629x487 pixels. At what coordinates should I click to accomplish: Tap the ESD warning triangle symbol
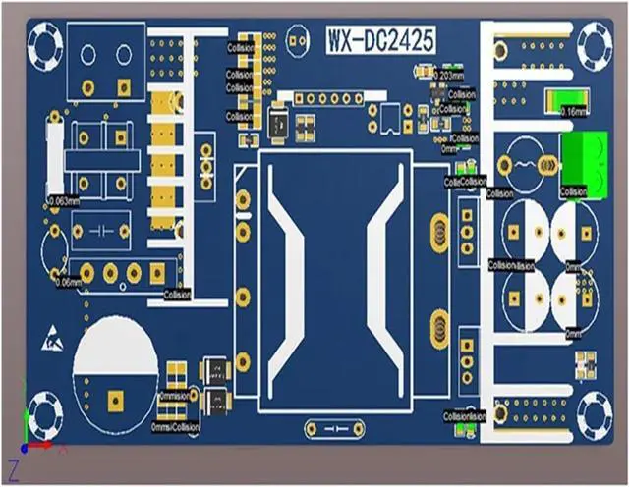pyautogui.click(x=52, y=341)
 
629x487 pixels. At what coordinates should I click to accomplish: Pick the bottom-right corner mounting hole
pyautogui.click(x=594, y=412)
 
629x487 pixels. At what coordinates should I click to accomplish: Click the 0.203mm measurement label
pyautogui.click(x=449, y=75)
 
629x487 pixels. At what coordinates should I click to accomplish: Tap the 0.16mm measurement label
pyautogui.click(x=573, y=111)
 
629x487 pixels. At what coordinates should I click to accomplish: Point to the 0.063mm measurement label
pyautogui.click(x=63, y=201)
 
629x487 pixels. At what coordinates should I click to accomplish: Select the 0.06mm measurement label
pyautogui.click(x=69, y=283)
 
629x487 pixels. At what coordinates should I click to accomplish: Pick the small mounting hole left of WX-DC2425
pyautogui.click(x=296, y=40)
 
